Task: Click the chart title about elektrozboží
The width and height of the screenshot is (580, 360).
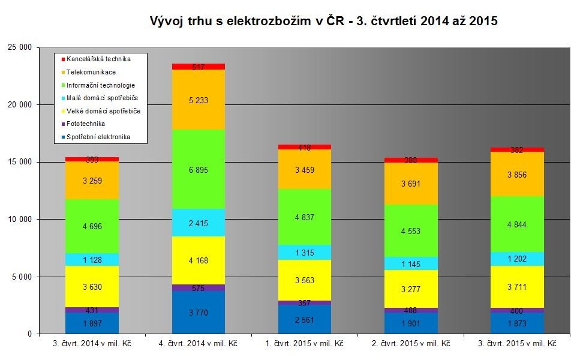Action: [324, 21]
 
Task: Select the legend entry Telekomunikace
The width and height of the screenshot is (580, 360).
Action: [91, 72]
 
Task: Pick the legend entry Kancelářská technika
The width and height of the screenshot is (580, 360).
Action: [98, 59]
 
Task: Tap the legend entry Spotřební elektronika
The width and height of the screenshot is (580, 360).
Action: [98, 137]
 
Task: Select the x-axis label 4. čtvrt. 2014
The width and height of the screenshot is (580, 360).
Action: [199, 344]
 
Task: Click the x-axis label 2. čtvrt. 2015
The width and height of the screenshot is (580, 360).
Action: [411, 344]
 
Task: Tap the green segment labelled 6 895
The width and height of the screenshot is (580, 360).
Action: [199, 170]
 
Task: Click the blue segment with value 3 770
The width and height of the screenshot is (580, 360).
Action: [199, 312]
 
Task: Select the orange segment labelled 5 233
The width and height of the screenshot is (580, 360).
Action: [199, 100]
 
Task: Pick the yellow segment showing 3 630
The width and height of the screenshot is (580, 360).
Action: [92, 287]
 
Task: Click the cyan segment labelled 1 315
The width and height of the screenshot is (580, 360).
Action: [305, 252]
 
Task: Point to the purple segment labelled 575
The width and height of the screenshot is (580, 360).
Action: [199, 288]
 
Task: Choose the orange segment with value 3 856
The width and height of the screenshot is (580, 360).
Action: [518, 174]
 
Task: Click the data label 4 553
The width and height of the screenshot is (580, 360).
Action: [411, 231]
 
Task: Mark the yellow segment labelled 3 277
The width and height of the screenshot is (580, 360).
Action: [411, 289]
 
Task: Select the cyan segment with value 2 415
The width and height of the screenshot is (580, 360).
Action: [199, 223]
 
